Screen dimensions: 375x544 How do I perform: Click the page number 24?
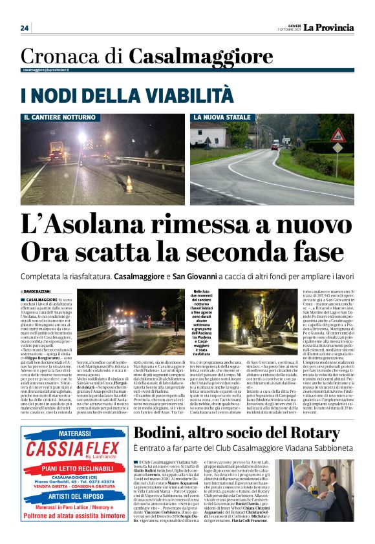click(x=25, y=28)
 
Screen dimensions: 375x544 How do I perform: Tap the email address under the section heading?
click(x=46, y=69)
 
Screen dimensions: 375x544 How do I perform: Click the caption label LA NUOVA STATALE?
click(x=221, y=118)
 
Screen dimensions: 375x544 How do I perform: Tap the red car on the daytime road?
click(x=275, y=147)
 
